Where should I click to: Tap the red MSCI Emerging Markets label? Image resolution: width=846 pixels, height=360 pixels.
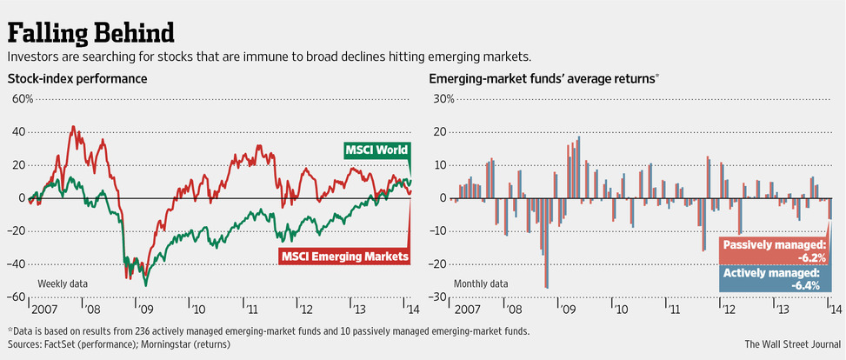click(x=345, y=257)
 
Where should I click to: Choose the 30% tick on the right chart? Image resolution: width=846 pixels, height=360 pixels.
click(x=443, y=98)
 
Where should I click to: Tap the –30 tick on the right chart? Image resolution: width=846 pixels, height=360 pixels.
click(x=442, y=297)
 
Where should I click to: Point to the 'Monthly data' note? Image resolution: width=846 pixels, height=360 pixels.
click(x=482, y=284)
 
